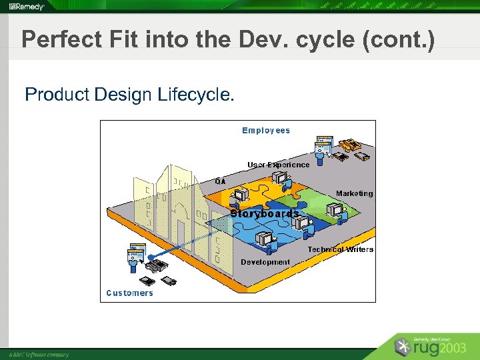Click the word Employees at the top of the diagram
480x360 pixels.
[x=266, y=131]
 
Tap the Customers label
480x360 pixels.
[x=129, y=293]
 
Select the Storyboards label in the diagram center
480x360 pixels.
[x=265, y=214]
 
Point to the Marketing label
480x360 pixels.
[x=355, y=193]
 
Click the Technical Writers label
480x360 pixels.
[x=341, y=249]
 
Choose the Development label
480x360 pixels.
[x=265, y=262]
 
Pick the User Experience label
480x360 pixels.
[x=279, y=165]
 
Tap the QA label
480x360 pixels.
[x=220, y=181]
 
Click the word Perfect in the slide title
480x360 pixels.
[x=57, y=40]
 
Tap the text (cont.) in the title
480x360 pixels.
[x=399, y=40]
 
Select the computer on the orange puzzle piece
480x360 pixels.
[x=239, y=194]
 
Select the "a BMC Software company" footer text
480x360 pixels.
[x=39, y=355]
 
